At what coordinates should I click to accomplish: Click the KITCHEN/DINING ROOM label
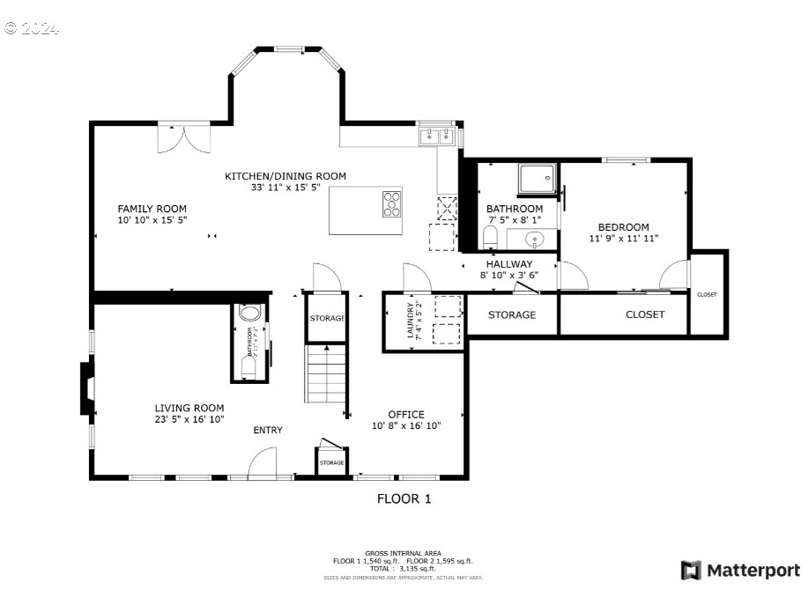285,176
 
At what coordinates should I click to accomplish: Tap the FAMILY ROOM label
152,209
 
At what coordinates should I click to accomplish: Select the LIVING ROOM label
189,408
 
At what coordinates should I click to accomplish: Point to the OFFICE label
406,414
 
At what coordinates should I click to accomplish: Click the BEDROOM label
624,226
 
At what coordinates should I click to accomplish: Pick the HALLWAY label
508,263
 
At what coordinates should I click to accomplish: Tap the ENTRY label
268,430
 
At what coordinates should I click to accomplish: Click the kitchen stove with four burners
392,205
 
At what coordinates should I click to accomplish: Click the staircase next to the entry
327,374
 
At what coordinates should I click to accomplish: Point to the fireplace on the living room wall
85,388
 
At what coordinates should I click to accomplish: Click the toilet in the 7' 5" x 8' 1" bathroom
491,238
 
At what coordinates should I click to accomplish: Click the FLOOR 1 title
404,499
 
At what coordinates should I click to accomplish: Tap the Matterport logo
740,571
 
